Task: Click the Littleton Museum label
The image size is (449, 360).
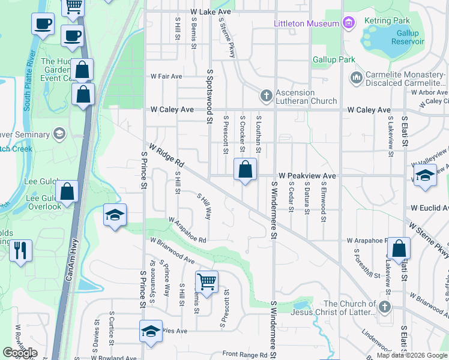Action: tap(307, 23)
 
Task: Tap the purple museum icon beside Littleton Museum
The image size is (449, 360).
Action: tap(348, 23)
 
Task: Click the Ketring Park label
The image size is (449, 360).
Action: tap(387, 20)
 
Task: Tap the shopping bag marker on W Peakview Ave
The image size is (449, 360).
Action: tap(245, 170)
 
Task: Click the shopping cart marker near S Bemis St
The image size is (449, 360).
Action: tap(206, 281)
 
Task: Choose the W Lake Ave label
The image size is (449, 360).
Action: tap(211, 11)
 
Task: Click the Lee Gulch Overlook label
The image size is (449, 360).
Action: tap(44, 202)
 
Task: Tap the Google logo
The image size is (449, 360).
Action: tap(20, 353)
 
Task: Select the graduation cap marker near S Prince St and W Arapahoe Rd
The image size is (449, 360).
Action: tap(114, 216)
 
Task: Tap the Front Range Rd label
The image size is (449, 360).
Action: tap(244, 355)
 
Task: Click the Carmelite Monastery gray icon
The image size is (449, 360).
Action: tap(356, 77)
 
